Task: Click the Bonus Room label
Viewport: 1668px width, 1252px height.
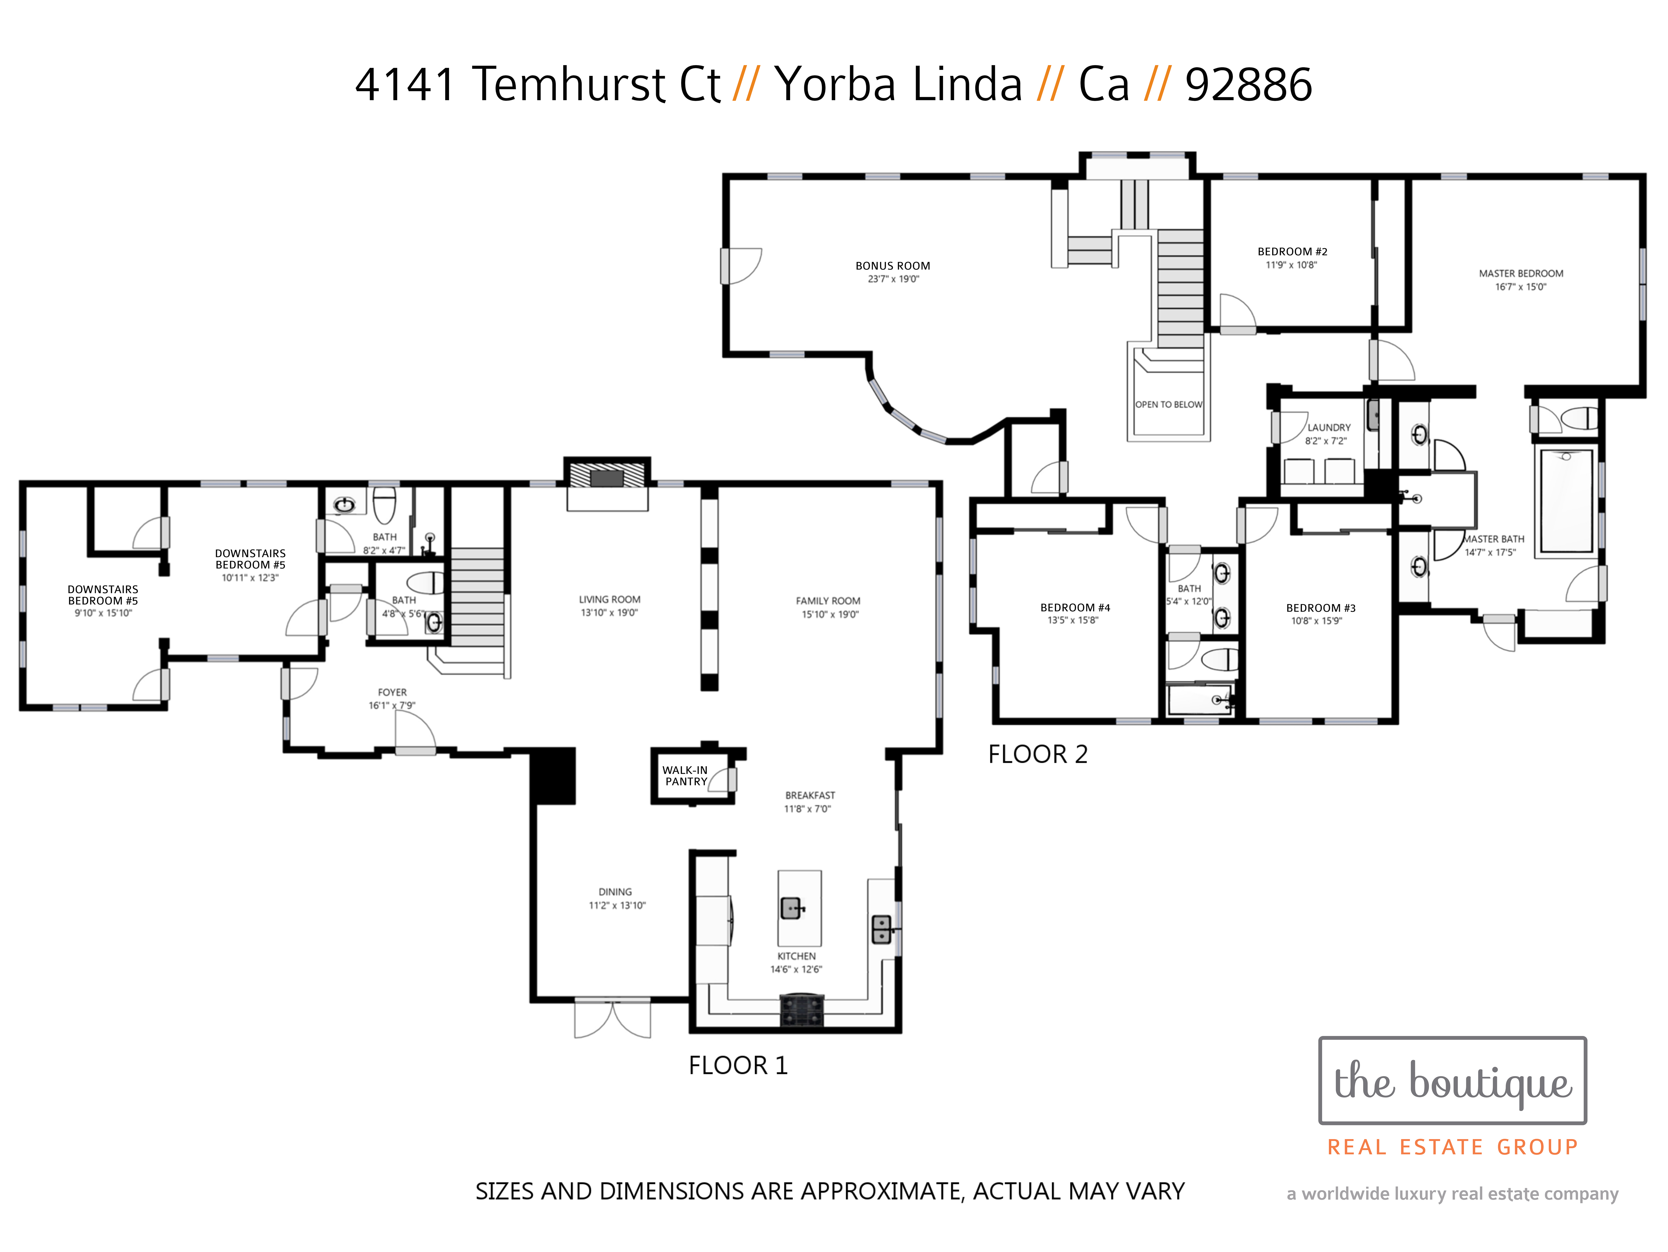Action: coord(893,266)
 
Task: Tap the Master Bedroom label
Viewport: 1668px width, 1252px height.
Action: coord(1521,273)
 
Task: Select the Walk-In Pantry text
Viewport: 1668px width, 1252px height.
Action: coord(686,775)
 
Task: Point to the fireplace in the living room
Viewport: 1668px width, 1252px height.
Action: coord(607,477)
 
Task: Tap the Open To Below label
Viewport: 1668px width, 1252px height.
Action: coord(1169,404)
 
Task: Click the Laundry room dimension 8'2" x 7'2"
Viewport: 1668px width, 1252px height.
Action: coord(1326,441)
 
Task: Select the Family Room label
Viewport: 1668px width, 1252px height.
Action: coord(828,600)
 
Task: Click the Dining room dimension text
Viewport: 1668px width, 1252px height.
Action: coord(617,905)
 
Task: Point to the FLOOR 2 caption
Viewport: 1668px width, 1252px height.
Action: coord(1037,753)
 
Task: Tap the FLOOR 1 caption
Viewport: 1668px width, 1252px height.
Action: coord(738,1065)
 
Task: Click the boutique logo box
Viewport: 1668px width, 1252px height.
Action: coord(1452,1080)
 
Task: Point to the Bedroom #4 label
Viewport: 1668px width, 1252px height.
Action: coord(1074,607)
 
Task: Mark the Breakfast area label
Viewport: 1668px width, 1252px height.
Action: coord(810,795)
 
